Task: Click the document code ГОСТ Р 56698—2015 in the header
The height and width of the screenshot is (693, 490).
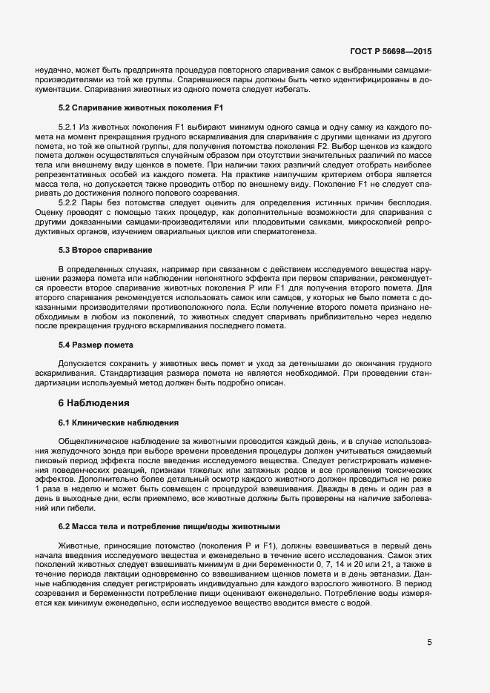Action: [x=391, y=52]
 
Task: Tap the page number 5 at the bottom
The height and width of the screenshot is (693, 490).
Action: [x=429, y=642]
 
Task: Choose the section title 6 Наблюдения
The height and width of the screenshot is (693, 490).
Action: [x=94, y=403]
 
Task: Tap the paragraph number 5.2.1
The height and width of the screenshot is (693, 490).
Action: [x=67, y=127]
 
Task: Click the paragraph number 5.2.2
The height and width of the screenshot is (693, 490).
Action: [x=67, y=203]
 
